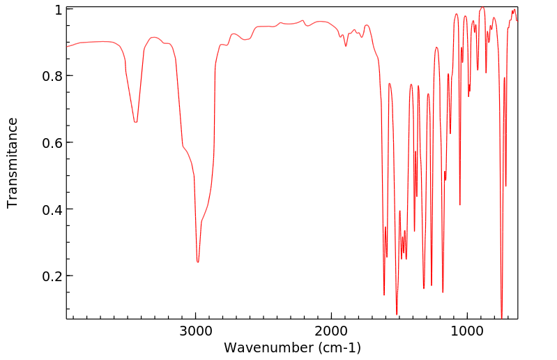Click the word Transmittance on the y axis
pos(13,163)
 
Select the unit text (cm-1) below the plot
pos(339,347)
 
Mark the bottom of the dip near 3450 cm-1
pos(135,122)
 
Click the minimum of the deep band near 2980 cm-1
pos(198,262)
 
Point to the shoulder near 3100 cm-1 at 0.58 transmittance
pos(183,146)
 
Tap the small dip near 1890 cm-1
pos(346,46)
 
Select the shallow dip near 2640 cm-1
pos(245,40)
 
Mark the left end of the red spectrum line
pos(67,46)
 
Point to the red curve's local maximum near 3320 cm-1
pos(153,37)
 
